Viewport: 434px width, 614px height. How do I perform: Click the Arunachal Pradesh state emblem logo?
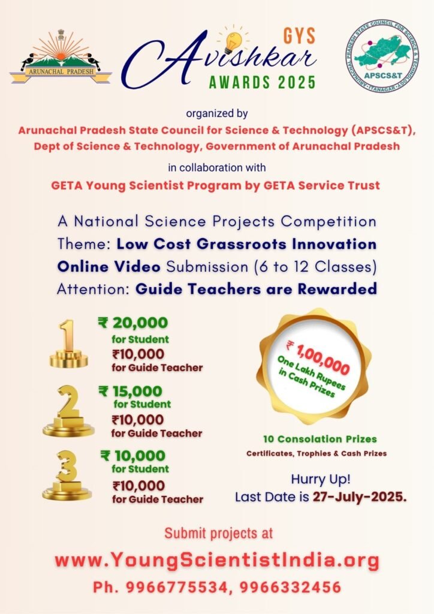[x=60, y=57]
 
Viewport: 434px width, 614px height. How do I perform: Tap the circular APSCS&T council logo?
[x=382, y=58]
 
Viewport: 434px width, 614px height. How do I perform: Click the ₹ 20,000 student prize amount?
[x=132, y=323]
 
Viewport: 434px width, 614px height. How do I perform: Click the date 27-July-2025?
[x=360, y=497]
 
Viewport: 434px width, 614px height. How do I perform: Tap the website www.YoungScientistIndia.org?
[x=217, y=561]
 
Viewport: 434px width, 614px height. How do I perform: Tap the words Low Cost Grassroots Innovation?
[x=246, y=244]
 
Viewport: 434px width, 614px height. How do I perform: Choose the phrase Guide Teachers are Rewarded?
[x=256, y=288]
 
